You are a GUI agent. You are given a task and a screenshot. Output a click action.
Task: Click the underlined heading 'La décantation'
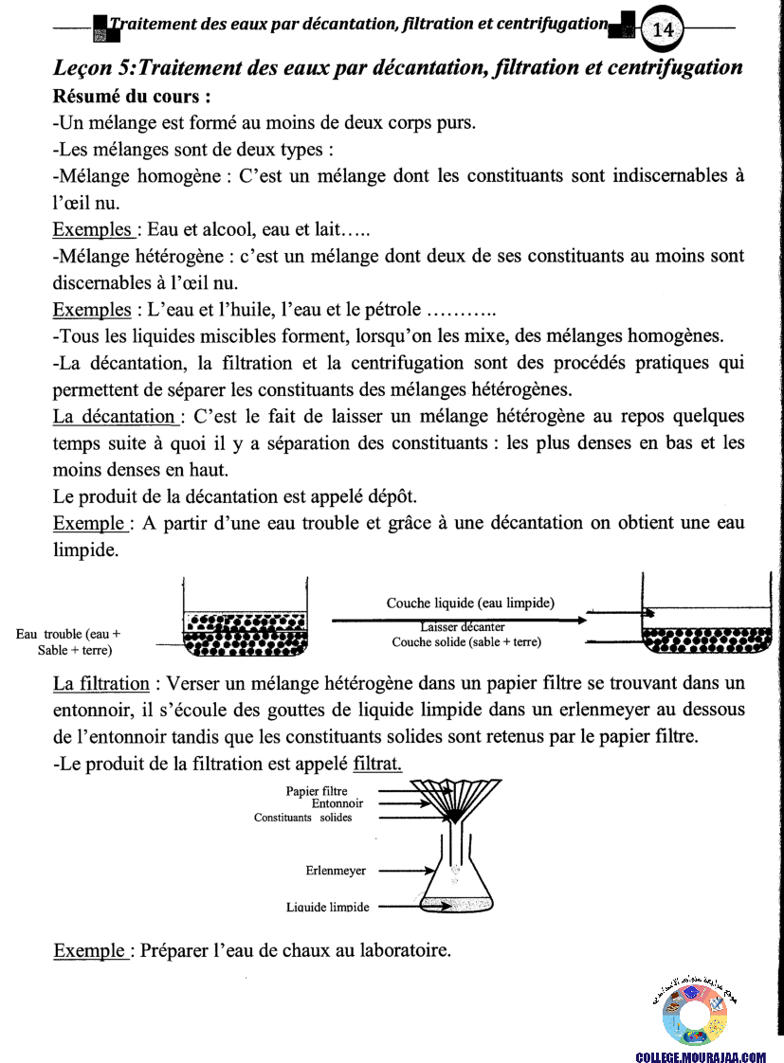[114, 416]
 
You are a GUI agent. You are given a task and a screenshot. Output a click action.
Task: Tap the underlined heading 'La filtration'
[101, 683]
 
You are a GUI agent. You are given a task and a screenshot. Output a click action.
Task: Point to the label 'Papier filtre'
[317, 791]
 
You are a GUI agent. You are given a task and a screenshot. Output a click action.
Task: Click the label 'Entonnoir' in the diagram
[337, 803]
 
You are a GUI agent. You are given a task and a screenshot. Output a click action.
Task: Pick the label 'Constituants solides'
[302, 818]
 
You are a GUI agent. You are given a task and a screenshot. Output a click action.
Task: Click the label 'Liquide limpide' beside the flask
[328, 908]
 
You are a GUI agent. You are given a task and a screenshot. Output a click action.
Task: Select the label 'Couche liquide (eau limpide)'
[470, 603]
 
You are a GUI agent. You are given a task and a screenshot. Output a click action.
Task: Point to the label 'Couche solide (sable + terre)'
[466, 641]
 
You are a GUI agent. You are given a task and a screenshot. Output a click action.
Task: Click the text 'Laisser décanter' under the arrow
[463, 626]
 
